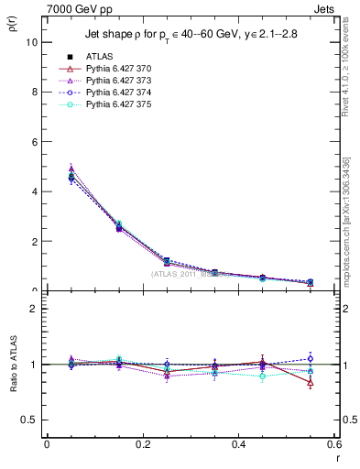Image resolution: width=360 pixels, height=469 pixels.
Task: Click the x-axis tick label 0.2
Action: coord(143,444)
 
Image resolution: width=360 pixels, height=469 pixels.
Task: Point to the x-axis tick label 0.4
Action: coord(239,444)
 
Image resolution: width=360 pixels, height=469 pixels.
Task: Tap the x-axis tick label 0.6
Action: coord(334,444)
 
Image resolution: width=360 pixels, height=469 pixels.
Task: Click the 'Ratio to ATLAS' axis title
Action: coord(12,364)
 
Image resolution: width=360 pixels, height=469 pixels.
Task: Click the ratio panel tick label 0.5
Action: coord(29,420)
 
